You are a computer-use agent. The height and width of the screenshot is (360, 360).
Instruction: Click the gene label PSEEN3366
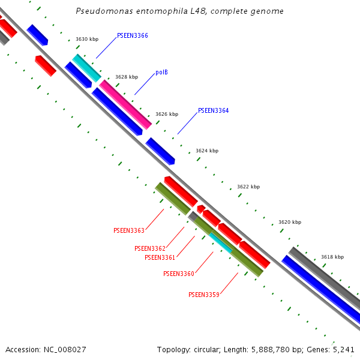click(x=132, y=36)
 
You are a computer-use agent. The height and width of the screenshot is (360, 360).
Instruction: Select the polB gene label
click(x=161, y=73)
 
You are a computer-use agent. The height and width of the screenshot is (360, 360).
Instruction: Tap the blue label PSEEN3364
click(x=213, y=111)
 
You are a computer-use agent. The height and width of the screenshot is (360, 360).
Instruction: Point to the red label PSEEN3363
click(x=129, y=231)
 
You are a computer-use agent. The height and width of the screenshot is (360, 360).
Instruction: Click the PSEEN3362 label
click(x=150, y=248)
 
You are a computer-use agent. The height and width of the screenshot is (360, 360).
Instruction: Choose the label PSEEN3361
click(x=160, y=258)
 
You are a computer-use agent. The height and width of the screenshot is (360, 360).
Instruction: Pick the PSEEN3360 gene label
click(x=179, y=274)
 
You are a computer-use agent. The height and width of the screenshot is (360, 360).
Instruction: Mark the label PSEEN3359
click(x=204, y=295)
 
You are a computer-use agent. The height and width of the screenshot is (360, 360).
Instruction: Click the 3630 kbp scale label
click(x=87, y=40)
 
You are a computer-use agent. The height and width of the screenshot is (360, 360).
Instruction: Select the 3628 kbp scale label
click(x=127, y=77)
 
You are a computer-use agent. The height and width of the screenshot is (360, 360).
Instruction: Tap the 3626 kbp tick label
click(x=167, y=114)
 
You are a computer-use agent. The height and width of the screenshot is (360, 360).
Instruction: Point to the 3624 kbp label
click(x=207, y=151)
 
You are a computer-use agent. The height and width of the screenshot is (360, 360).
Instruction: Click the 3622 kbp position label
click(x=248, y=187)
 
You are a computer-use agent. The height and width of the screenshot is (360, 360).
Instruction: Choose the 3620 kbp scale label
click(x=290, y=223)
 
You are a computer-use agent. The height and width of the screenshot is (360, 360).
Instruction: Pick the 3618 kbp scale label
click(x=332, y=257)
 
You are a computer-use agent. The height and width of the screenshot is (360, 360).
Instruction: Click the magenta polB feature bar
click(x=125, y=104)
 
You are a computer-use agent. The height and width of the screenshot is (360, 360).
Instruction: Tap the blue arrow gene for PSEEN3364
click(x=160, y=151)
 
